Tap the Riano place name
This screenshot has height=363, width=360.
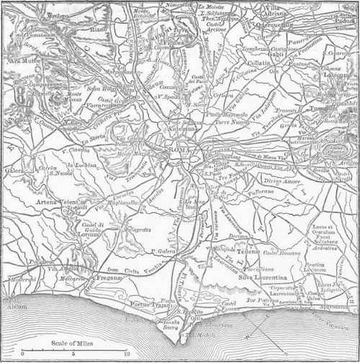98,30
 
